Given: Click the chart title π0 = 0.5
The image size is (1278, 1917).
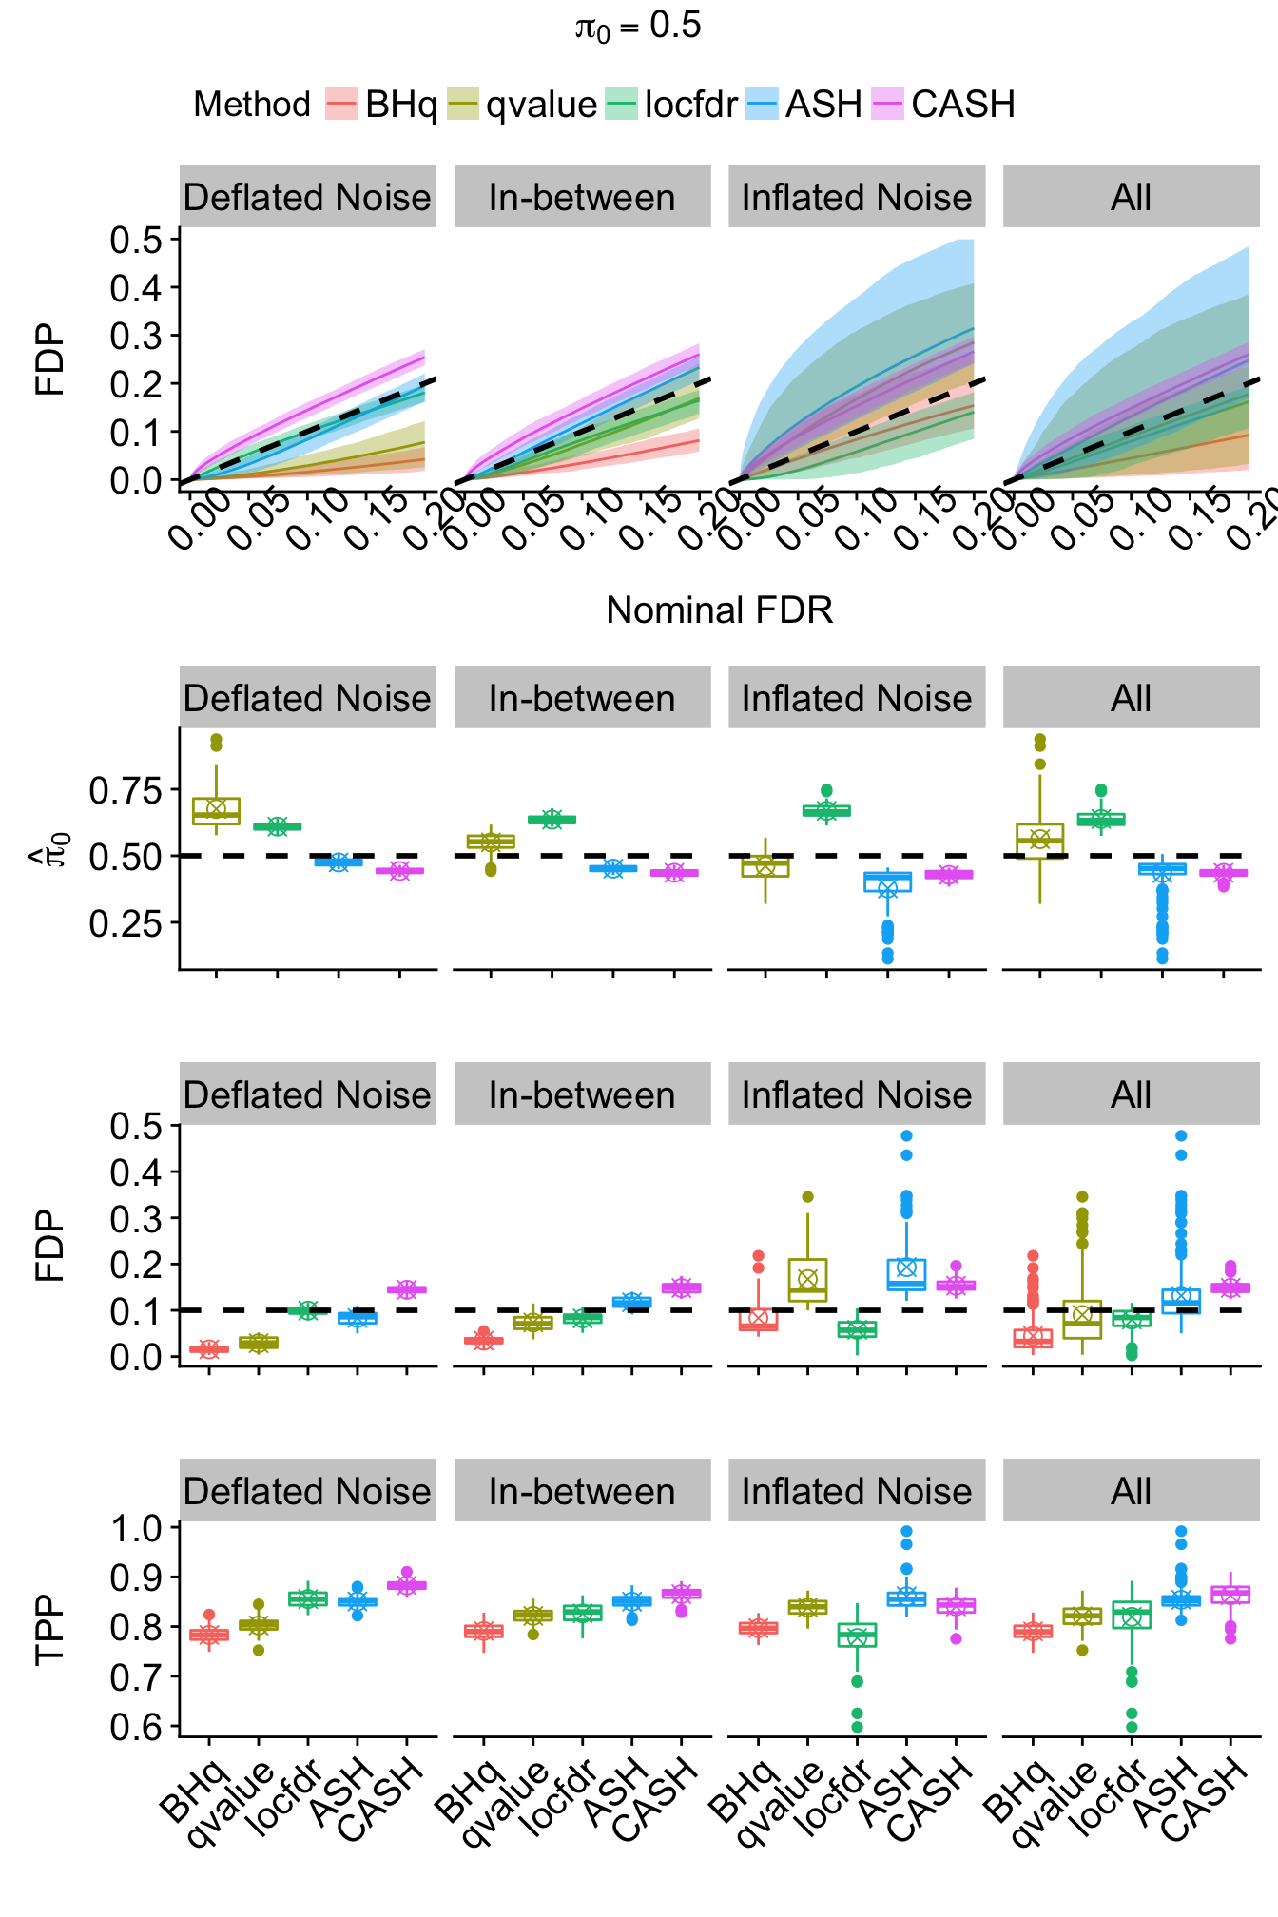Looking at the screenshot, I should (638, 27).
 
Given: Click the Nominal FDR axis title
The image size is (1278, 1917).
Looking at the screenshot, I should (719, 610).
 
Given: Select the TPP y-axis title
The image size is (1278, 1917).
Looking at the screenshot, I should (49, 1629).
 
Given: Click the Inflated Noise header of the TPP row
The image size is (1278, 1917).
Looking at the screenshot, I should (857, 1491).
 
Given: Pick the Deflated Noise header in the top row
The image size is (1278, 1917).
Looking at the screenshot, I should (307, 197).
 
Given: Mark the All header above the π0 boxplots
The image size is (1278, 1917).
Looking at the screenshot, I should (1131, 698).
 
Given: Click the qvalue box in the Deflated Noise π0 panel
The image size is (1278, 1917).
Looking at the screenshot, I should (216, 811).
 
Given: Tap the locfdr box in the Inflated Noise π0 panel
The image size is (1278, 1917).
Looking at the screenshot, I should (826, 811).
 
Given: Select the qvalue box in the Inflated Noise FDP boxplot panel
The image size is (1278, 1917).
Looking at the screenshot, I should (807, 1280).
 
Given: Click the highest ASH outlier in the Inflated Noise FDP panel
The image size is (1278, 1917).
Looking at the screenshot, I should (906, 1136).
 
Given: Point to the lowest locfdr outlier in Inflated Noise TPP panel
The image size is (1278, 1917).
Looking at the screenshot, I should (857, 1727).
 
